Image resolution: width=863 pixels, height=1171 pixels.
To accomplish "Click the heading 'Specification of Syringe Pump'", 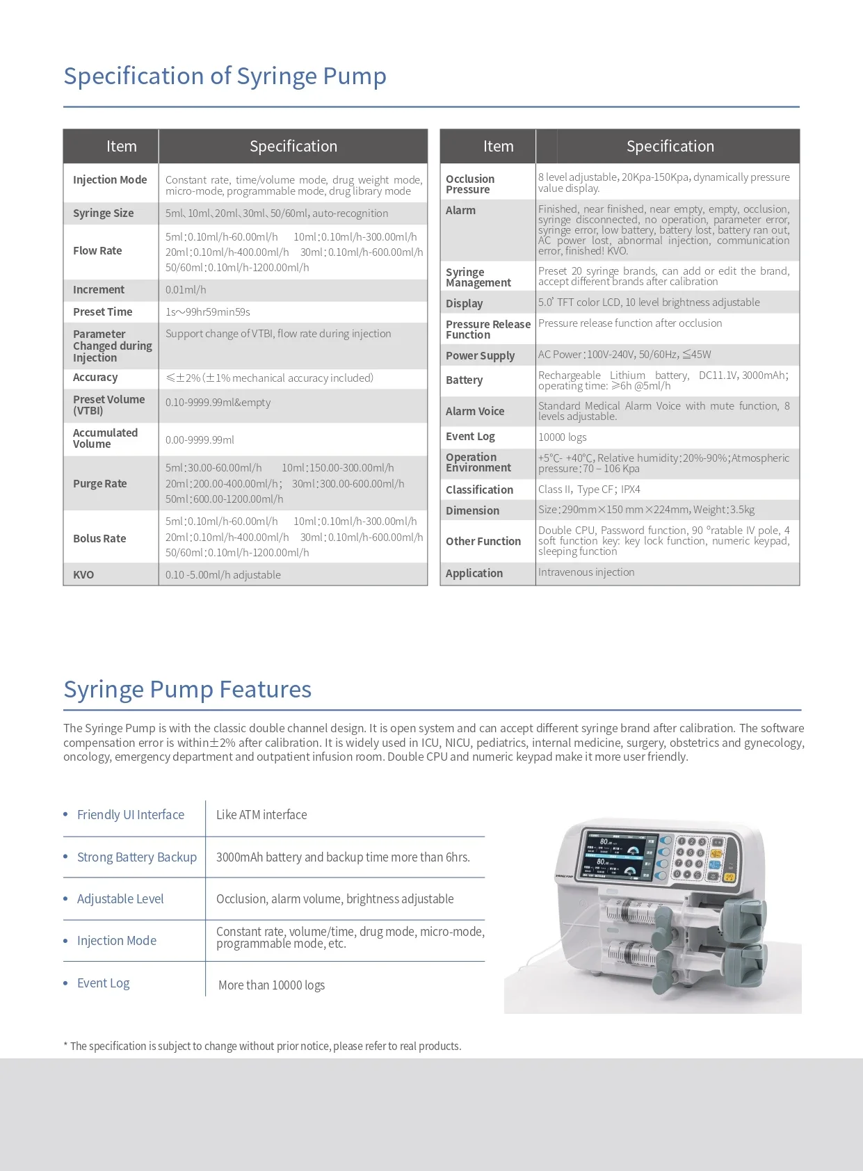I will (225, 76).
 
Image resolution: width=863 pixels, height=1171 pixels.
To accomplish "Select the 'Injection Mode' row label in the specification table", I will (110, 179).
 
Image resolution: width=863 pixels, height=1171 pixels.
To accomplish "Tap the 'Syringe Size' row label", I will (103, 213).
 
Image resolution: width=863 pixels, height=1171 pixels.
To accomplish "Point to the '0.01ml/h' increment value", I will (186, 290).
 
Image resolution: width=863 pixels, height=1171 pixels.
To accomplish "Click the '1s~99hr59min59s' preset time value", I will (207, 312).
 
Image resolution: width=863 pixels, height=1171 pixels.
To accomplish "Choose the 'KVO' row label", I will (83, 574).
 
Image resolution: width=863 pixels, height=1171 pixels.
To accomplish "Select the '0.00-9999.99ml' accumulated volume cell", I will (200, 439).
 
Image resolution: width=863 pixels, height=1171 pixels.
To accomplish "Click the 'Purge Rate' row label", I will (99, 483).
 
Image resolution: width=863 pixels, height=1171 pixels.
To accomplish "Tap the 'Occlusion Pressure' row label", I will (470, 184).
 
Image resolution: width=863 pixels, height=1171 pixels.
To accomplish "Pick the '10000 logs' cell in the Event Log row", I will (562, 437).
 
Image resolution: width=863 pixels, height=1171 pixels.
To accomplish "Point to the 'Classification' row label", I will (479, 490).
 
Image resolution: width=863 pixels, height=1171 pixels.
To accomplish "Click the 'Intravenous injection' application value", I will (586, 572).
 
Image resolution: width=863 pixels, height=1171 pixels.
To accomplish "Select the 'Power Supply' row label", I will (480, 355).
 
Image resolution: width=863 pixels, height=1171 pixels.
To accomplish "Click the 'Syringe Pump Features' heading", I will (187, 689).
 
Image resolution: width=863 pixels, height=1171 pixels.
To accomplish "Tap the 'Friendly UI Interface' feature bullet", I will (130, 814).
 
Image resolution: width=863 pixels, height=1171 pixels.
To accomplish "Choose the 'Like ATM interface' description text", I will (261, 814).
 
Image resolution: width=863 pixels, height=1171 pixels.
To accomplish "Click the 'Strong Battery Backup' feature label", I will (136, 857).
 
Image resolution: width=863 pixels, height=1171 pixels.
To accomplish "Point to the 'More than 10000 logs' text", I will (271, 985).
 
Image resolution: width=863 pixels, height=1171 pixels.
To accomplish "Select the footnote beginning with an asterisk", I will (262, 1046).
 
